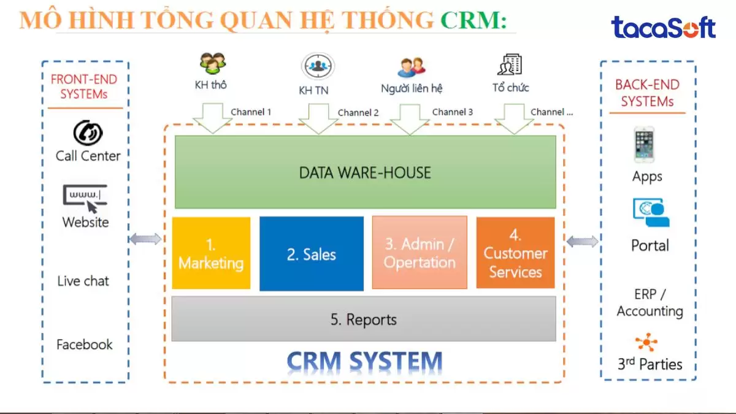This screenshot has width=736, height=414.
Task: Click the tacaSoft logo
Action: (663, 28)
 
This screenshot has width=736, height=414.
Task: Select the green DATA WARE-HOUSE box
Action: (365, 172)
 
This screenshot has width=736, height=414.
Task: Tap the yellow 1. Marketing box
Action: (211, 253)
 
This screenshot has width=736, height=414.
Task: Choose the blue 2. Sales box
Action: (311, 254)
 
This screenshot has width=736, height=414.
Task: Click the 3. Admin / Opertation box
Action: (420, 253)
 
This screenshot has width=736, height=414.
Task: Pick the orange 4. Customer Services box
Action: (515, 253)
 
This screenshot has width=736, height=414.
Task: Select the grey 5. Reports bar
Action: (363, 320)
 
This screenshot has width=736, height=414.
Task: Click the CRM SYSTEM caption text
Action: (364, 361)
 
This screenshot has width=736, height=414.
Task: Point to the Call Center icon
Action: (88, 133)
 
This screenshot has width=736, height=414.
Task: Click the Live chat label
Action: (83, 281)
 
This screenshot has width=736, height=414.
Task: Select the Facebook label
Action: (85, 345)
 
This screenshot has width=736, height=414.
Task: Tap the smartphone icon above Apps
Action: (645, 145)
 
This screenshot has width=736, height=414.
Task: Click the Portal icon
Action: (651, 212)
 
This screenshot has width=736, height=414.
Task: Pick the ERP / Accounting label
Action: (650, 303)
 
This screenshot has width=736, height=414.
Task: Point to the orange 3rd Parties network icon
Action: (646, 342)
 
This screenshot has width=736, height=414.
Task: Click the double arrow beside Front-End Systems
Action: (145, 239)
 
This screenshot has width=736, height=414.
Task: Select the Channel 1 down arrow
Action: (208, 118)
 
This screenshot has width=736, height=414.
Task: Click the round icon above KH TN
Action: (317, 66)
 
